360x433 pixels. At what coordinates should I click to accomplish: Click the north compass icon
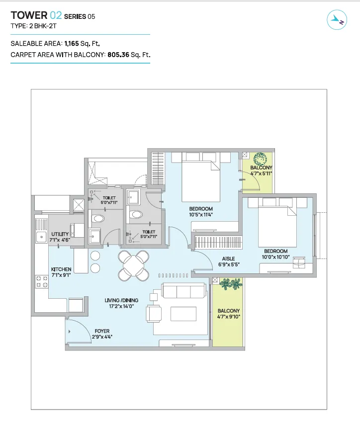(x=337, y=19)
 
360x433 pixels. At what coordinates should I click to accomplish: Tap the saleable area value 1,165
(x=72, y=44)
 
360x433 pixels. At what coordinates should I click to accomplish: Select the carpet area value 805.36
(x=118, y=55)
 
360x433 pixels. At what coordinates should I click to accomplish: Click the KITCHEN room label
(x=61, y=269)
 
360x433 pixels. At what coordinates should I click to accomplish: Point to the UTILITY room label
(x=60, y=234)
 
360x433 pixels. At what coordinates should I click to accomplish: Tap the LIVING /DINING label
(x=121, y=300)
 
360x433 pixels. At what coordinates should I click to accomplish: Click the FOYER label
(x=102, y=331)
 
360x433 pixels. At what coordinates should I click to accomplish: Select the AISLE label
(x=229, y=259)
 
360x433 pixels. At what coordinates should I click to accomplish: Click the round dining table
(x=134, y=265)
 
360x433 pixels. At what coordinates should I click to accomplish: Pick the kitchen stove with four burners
(x=42, y=282)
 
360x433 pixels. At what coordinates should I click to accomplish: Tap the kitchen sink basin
(x=41, y=237)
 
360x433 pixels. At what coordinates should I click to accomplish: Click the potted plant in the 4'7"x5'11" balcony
(x=260, y=159)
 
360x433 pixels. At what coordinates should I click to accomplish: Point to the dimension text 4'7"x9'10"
(x=229, y=317)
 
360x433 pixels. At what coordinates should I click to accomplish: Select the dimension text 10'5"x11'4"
(x=201, y=215)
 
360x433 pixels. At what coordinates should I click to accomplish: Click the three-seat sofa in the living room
(x=184, y=290)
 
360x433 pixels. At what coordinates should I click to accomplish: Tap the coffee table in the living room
(x=183, y=314)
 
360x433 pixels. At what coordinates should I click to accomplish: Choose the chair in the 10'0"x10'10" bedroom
(x=299, y=262)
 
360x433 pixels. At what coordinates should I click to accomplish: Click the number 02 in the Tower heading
(x=56, y=15)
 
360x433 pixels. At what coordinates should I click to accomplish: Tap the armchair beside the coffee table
(x=154, y=313)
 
